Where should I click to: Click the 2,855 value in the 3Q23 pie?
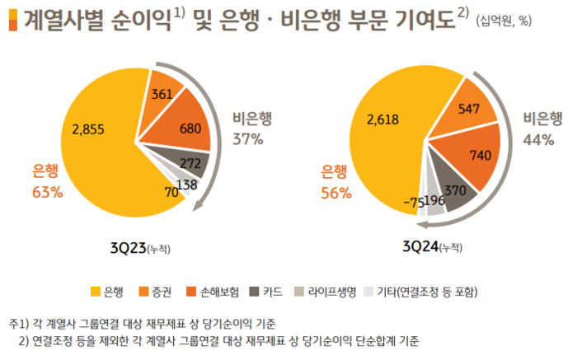click(89, 129)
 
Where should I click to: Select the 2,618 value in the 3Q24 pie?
click(382, 119)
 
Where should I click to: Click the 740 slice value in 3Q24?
click(478, 154)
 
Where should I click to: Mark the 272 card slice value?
click(190, 162)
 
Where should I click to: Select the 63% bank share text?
click(47, 193)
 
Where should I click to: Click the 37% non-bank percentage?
click(247, 138)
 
